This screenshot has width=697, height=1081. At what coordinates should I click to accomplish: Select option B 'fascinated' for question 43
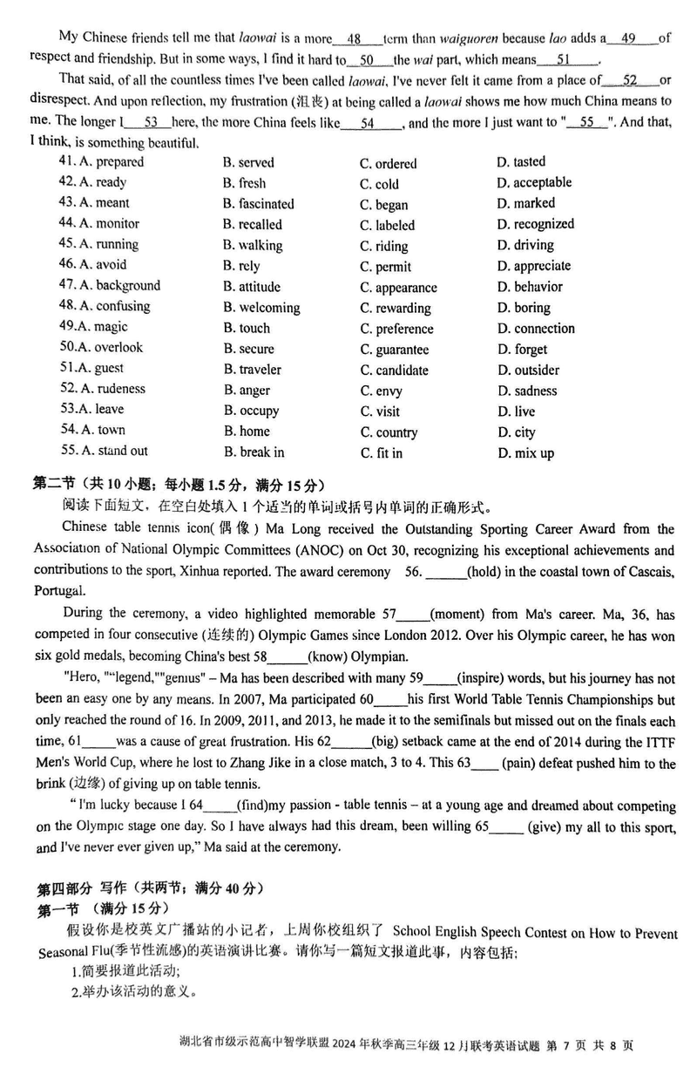(x=258, y=204)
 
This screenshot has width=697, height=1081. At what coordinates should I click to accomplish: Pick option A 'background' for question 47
(x=119, y=285)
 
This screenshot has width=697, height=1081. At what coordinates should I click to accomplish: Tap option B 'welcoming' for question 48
(x=261, y=308)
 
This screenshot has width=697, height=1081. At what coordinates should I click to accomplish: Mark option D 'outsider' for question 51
(x=528, y=371)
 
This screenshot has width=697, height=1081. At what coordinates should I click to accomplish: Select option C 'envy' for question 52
(x=382, y=391)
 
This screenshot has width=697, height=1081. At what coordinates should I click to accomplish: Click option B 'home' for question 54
(x=247, y=432)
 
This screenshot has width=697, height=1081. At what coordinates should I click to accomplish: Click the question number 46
(x=67, y=265)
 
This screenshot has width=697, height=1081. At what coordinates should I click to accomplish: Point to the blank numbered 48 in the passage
(x=354, y=39)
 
